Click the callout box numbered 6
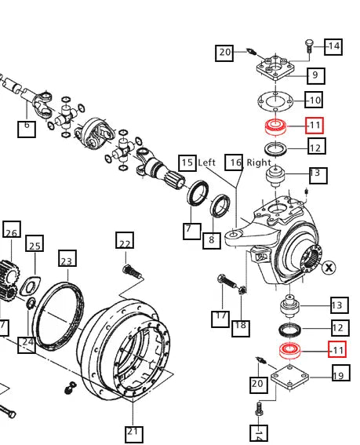pyautogui.click(x=27, y=128)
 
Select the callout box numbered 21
pyautogui.click(x=133, y=432)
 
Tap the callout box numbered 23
pyautogui.click(x=67, y=261)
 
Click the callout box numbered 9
pyautogui.click(x=315, y=75)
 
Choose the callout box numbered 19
pyautogui.click(x=339, y=376)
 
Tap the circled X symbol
pyautogui.click(x=328, y=267)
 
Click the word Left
pyautogui.click(x=207, y=162)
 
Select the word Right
pyautogui.click(x=259, y=162)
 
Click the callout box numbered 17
pyautogui.click(x=220, y=318)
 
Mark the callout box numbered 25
pyautogui.click(x=35, y=246)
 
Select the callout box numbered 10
pyautogui.click(x=314, y=100)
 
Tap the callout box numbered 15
pyautogui.click(x=187, y=162)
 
